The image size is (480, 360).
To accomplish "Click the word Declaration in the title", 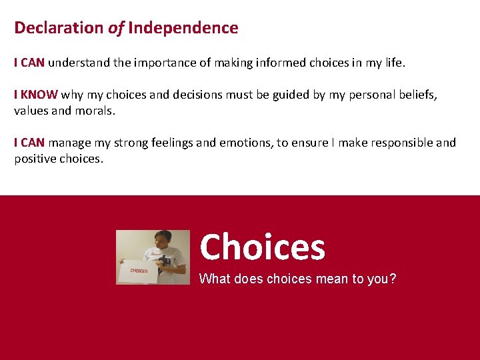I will point(59,28).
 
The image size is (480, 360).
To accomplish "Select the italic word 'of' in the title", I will point(115,28).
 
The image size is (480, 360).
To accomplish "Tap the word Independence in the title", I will point(183,28).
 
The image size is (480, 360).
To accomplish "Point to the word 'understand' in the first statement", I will point(75,63).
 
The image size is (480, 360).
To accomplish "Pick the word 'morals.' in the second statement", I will point(97,111).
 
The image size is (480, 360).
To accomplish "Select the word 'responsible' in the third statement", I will point(398,143).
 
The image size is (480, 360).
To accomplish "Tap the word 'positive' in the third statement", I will point(36,159).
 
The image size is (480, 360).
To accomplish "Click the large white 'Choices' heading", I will point(262,247).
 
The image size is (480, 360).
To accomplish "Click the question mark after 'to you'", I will point(393,279).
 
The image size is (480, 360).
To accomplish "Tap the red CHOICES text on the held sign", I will point(139,271).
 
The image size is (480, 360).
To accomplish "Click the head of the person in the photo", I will point(163,239).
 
